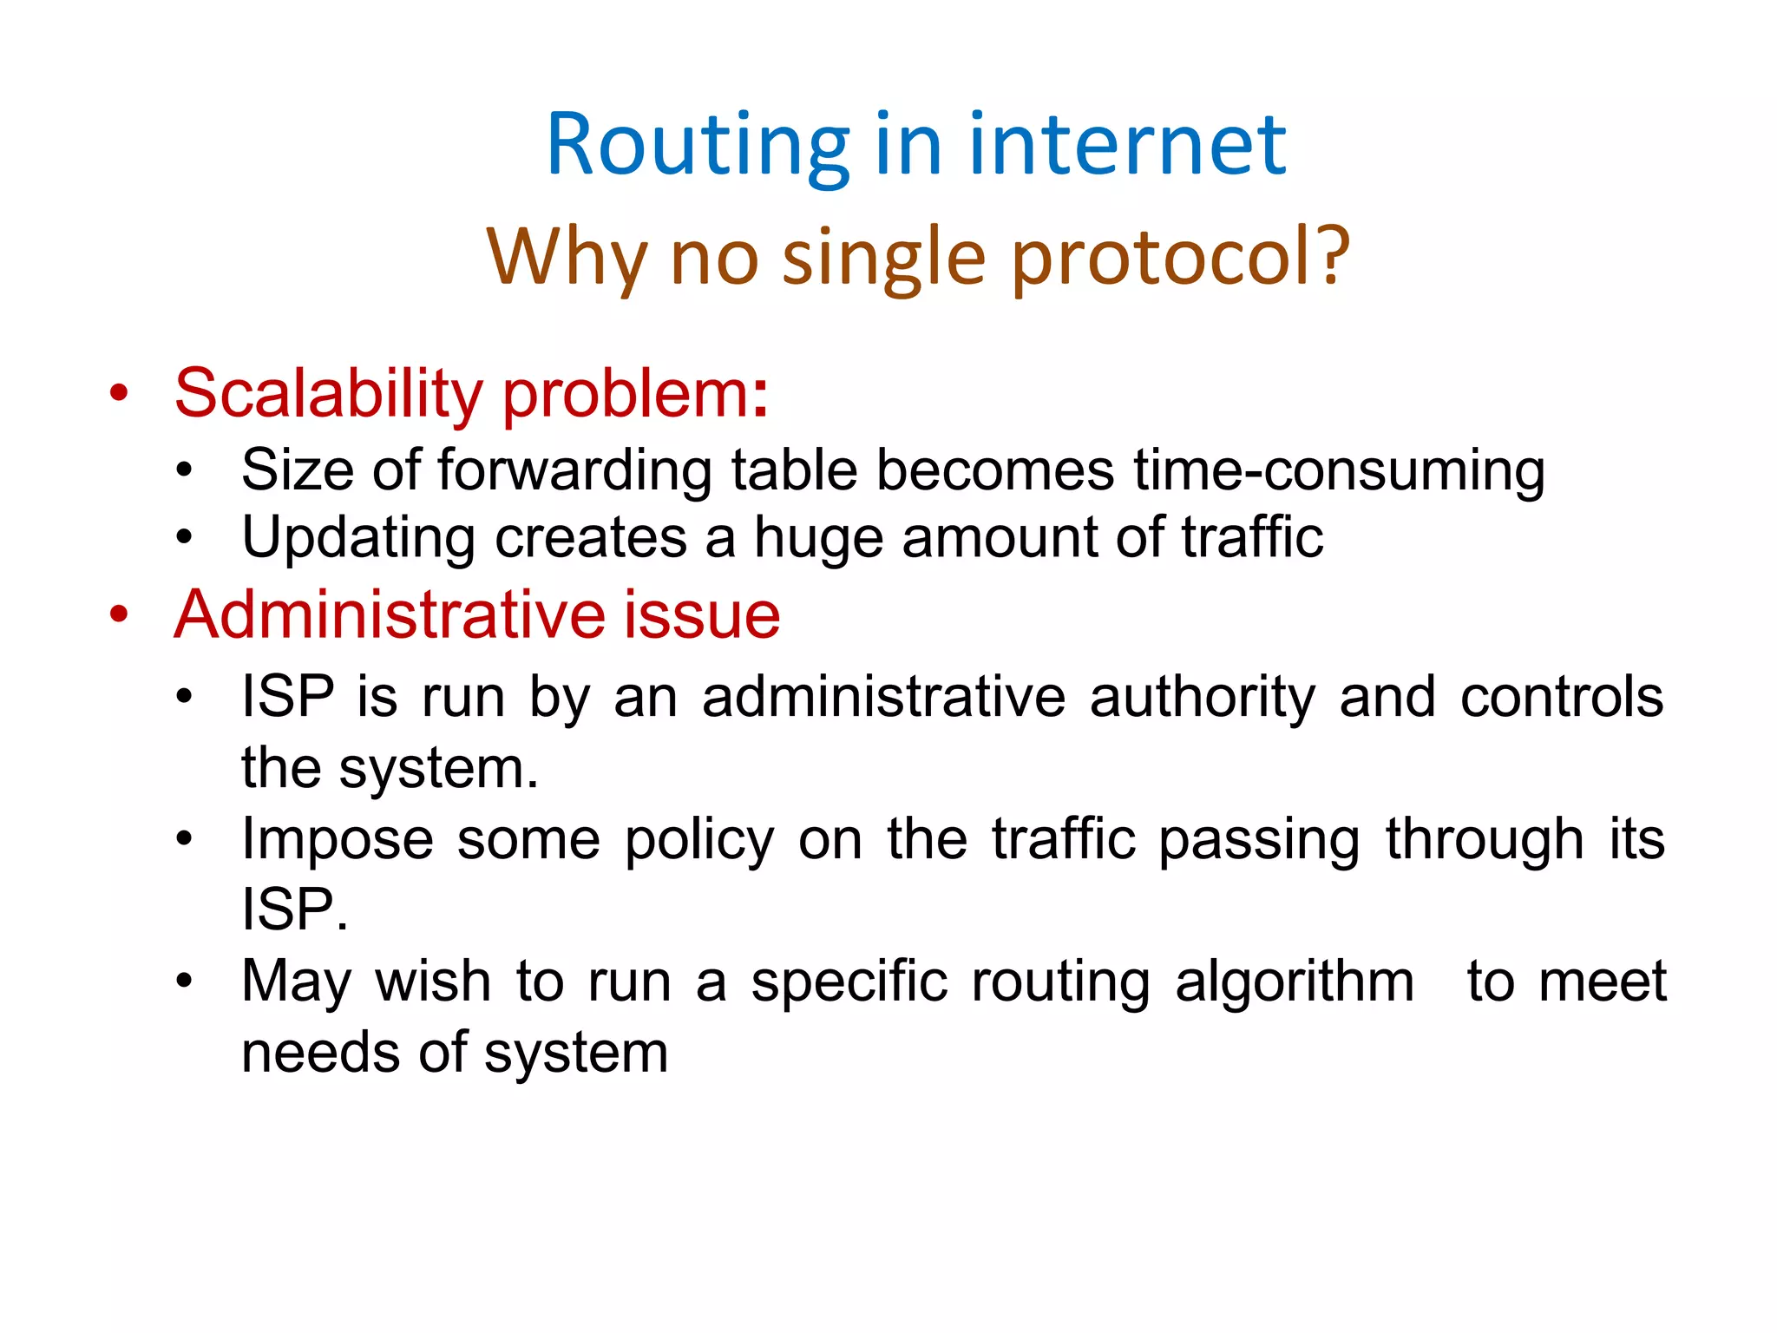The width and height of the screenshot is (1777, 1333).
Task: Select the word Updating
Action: (358, 538)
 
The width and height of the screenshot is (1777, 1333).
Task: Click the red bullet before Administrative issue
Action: (119, 614)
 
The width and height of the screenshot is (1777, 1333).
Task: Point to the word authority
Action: (1202, 698)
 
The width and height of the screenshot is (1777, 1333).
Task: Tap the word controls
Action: (1562, 698)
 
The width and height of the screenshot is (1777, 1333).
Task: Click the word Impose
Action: (338, 840)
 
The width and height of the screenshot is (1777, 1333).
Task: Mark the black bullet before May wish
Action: (184, 982)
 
